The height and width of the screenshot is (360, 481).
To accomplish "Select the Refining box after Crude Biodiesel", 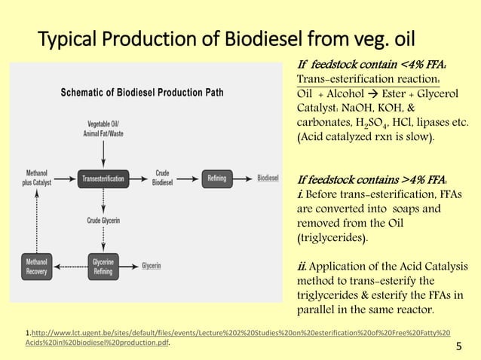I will (x=216, y=178).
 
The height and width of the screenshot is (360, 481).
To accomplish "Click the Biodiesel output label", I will (x=268, y=178).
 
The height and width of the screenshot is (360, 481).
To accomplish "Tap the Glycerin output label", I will (x=152, y=266).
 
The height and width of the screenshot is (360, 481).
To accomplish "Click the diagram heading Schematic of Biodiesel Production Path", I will (x=142, y=93).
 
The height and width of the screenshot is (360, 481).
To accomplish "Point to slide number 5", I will (x=459, y=346).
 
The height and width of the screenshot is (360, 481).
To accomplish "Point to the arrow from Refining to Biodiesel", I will (x=243, y=178).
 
